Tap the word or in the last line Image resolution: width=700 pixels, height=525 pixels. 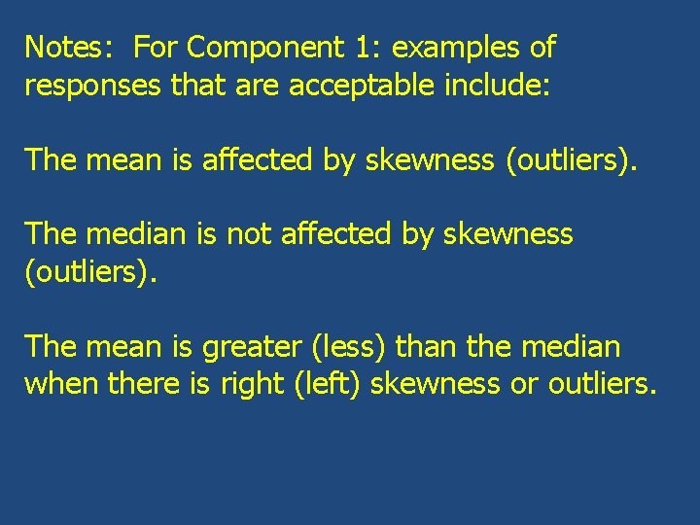point(525,384)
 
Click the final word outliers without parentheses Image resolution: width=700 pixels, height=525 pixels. point(602,384)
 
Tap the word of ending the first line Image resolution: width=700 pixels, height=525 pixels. point(544,48)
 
